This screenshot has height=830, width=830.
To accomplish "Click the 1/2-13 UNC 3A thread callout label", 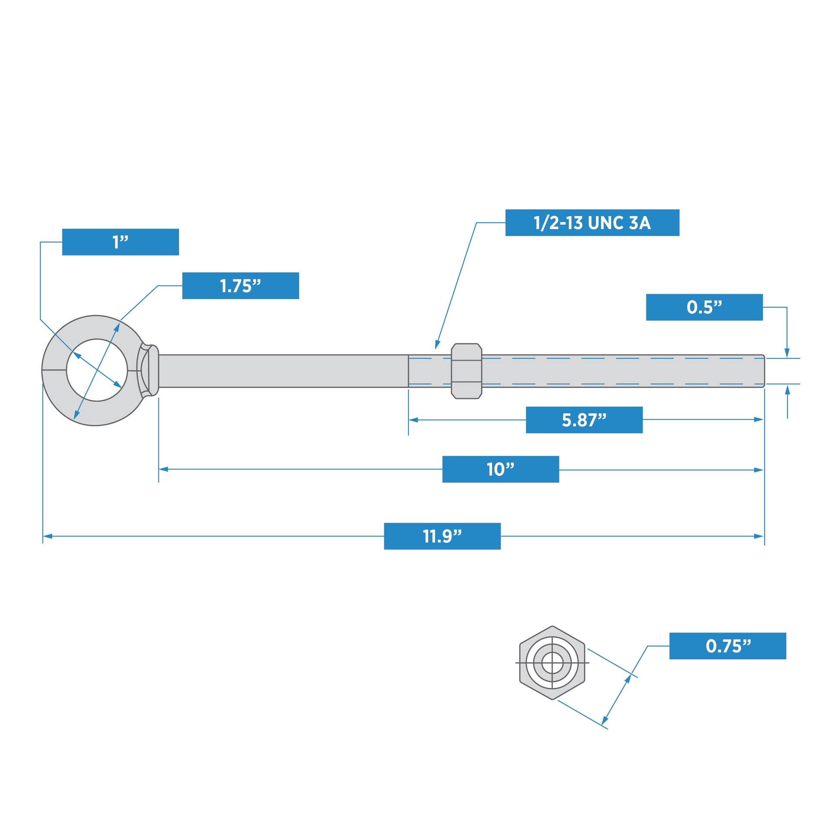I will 592,223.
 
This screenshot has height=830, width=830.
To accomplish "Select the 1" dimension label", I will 120,242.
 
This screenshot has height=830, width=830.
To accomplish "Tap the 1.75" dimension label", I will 240,286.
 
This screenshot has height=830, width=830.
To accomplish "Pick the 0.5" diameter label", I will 704,307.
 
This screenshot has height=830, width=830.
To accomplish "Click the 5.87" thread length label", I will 584,420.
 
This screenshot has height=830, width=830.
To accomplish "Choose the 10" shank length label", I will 500,469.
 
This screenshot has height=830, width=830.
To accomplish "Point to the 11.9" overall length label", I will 442,536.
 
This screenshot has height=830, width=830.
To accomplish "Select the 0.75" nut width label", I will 727,646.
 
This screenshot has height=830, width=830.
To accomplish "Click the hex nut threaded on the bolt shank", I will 466,371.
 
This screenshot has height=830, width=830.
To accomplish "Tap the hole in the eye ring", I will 97,370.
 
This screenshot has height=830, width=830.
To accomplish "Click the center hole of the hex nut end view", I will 552,663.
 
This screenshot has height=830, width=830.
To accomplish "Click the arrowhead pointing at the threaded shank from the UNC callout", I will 437,345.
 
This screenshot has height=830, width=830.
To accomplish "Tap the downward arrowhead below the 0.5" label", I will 787,353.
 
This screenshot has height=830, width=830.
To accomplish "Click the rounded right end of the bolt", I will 763,371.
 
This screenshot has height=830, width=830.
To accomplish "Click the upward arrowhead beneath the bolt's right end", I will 787,389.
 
